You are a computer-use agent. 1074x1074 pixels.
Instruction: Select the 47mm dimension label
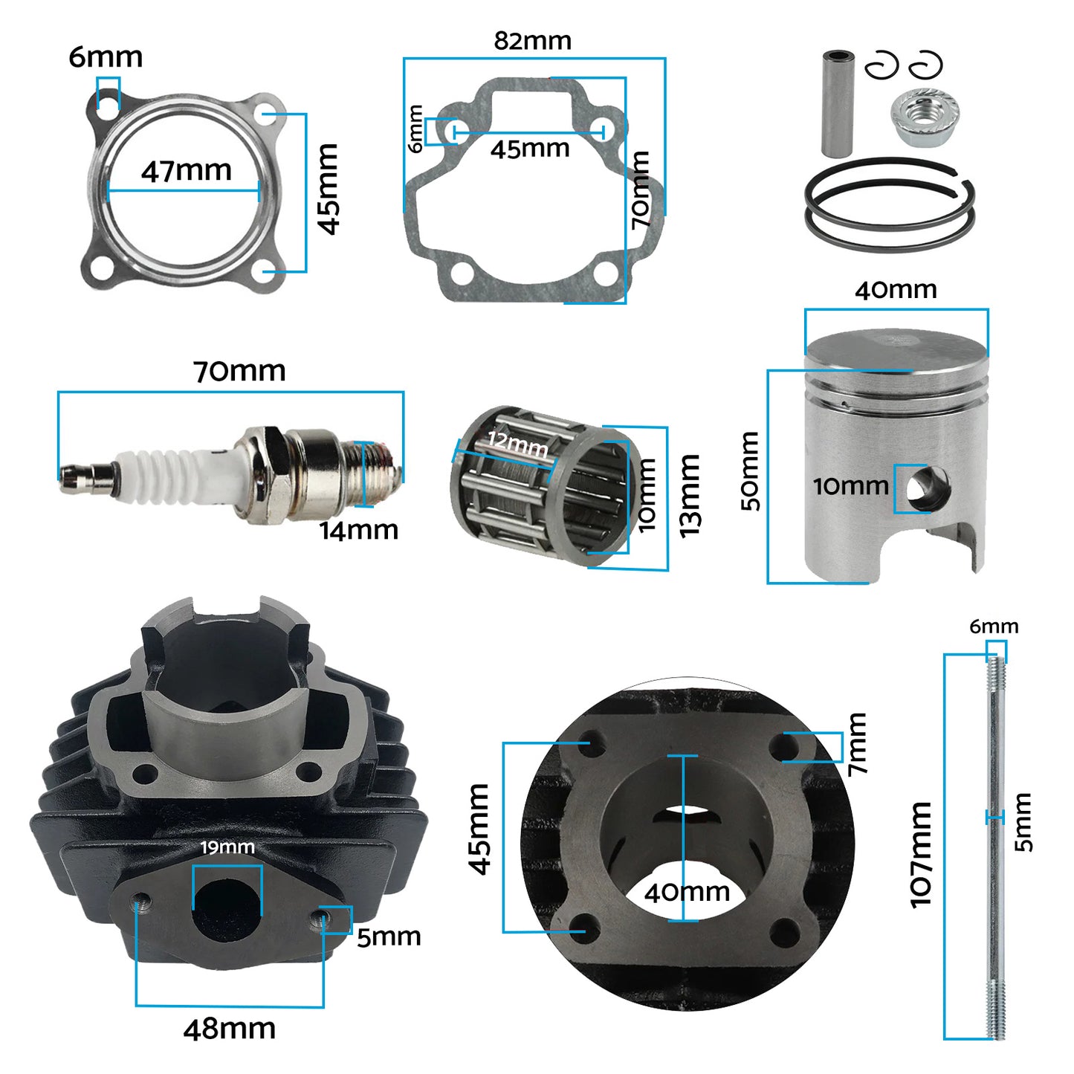[187, 171]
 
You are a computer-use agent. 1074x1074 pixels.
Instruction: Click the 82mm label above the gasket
[533, 41]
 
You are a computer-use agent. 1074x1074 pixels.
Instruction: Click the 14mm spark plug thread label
[359, 530]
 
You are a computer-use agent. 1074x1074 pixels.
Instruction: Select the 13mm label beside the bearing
[690, 496]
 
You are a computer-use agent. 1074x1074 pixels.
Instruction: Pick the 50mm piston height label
[750, 471]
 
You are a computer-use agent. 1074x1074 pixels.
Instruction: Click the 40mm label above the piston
[896, 289]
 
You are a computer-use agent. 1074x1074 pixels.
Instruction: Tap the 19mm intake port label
[227, 847]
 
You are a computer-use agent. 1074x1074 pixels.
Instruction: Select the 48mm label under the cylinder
[230, 1029]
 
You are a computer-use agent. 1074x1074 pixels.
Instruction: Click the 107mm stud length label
[921, 855]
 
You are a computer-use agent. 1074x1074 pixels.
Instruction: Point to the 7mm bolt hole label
[857, 744]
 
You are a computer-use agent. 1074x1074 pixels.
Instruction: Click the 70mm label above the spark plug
[239, 371]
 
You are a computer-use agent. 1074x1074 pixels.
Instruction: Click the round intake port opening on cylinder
[226, 908]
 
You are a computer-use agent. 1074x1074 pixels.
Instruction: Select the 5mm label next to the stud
[1023, 822]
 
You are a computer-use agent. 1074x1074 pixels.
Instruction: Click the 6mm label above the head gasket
[106, 57]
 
